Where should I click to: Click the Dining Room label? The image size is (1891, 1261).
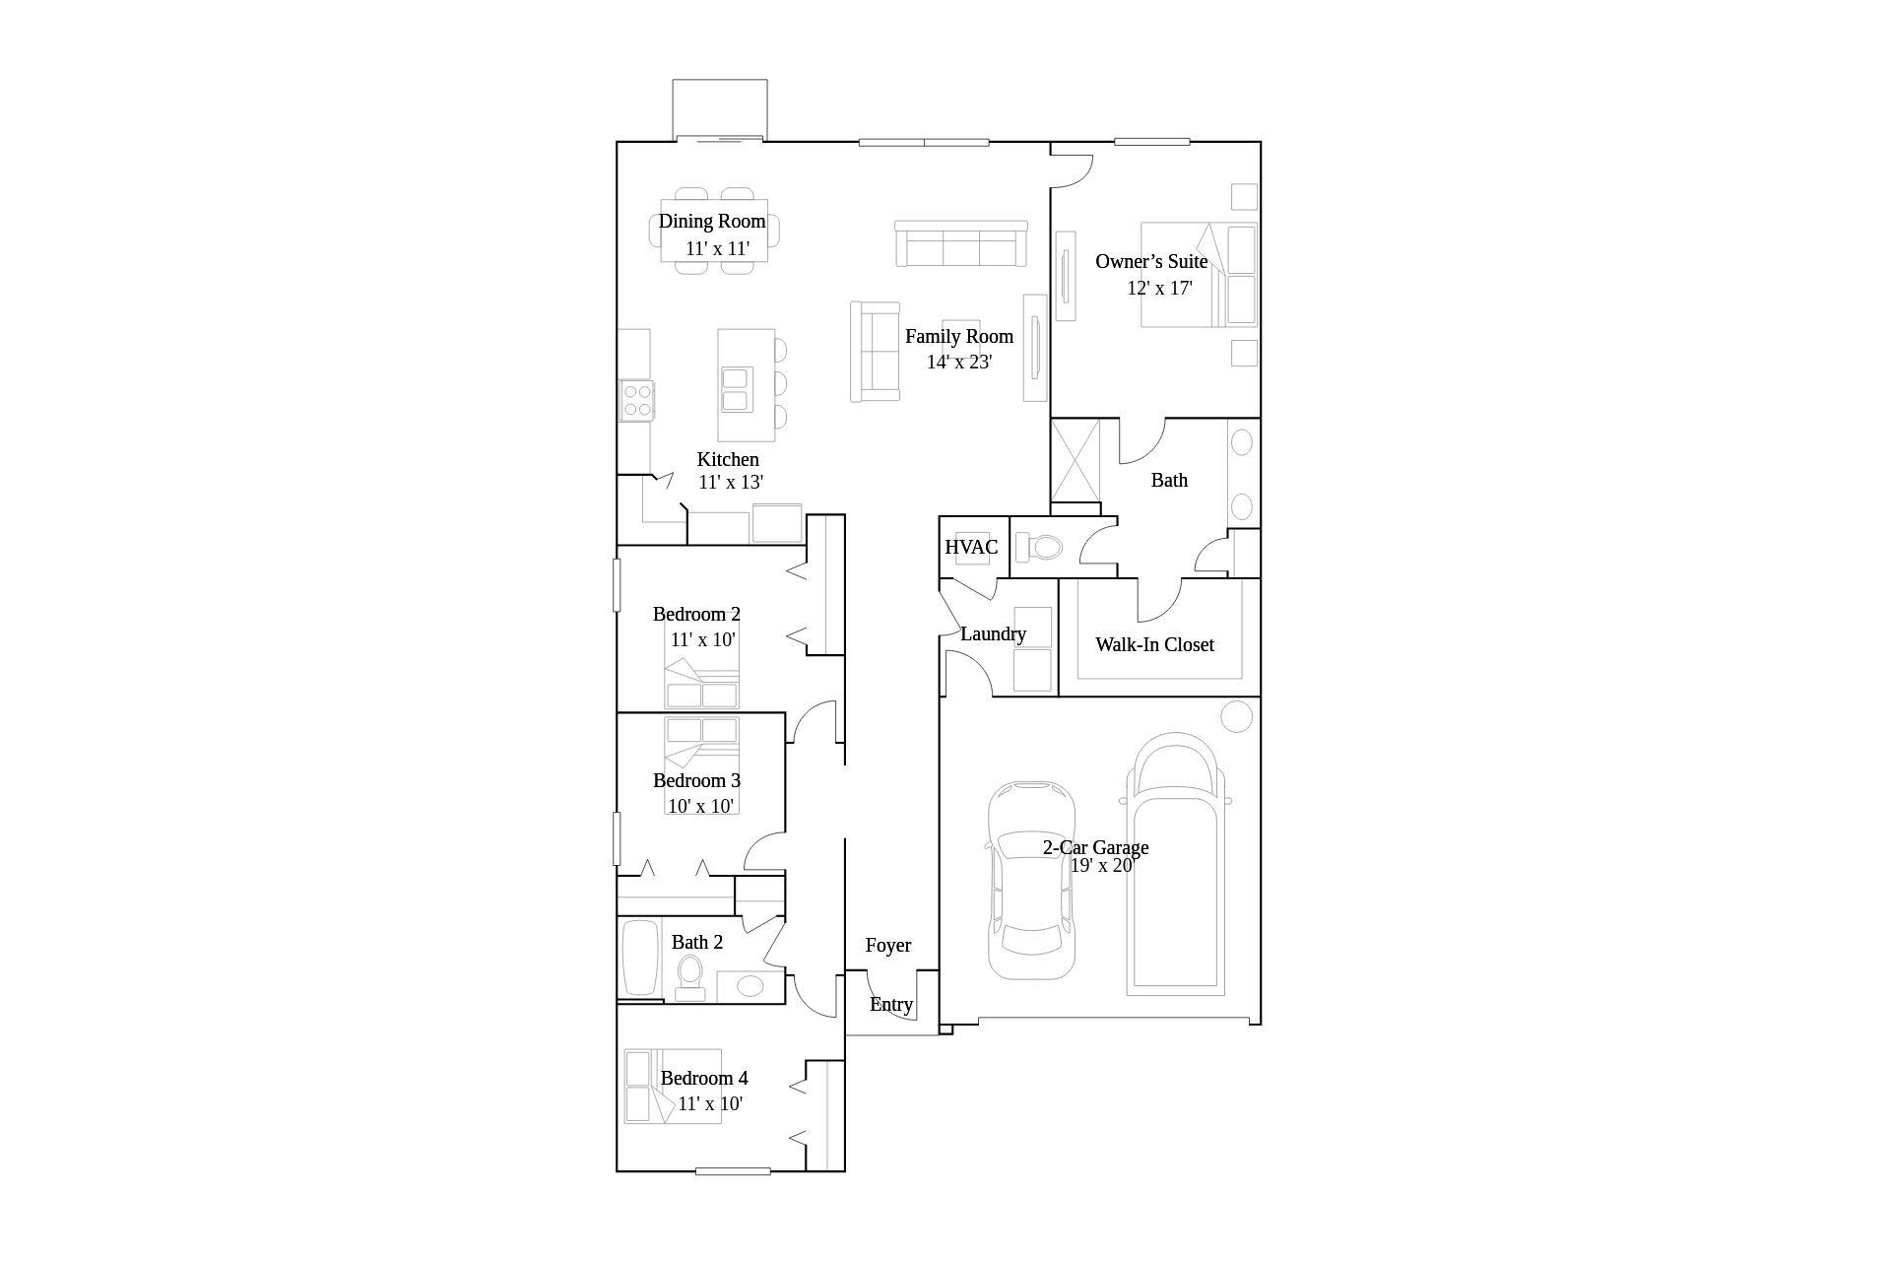[712, 222]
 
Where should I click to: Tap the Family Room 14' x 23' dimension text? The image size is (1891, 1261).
[959, 362]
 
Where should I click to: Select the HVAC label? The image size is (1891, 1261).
[971, 547]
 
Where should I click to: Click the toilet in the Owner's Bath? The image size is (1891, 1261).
[1039, 547]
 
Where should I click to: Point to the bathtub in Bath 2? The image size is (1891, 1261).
[641, 959]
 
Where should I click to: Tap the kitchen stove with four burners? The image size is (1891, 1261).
[637, 401]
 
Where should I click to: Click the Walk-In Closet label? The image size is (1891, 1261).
[1154, 644]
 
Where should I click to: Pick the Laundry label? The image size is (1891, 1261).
[993, 634]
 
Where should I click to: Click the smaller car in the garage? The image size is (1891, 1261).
[1031, 880]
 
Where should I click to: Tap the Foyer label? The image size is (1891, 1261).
[888, 946]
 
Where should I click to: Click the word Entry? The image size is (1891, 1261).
[891, 1005]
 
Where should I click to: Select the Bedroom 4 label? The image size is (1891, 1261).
[704, 1078]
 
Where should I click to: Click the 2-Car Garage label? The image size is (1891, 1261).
[1095, 847]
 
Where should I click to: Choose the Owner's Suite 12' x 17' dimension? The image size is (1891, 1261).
[1160, 289]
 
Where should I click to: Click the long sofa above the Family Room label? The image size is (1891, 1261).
[961, 243]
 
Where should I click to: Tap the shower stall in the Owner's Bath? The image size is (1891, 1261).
[1076, 460]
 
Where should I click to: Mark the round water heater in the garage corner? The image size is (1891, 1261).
[1237, 716]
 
